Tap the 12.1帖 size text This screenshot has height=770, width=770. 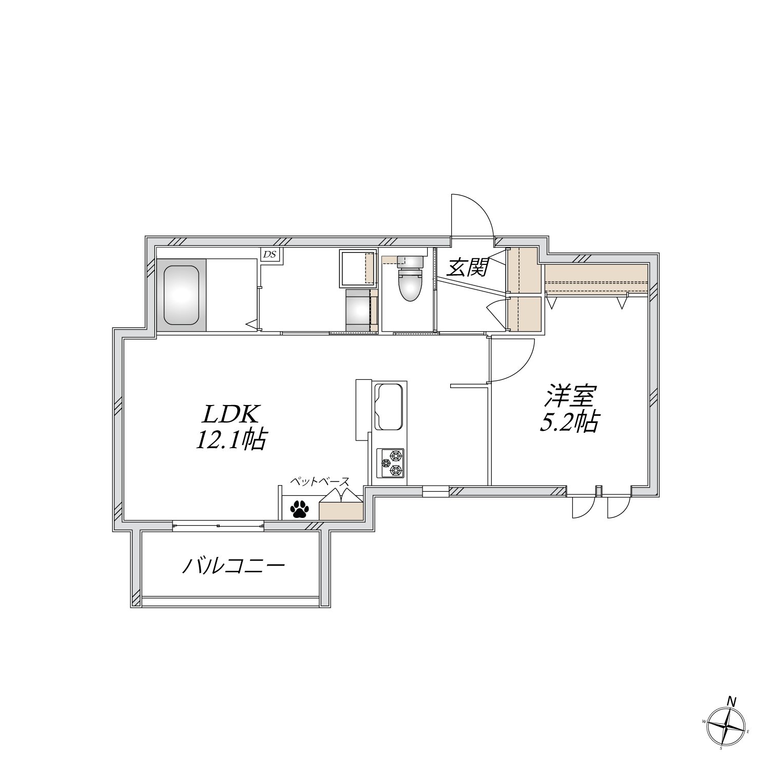pos(230,440)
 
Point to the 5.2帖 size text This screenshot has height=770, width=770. pos(568,422)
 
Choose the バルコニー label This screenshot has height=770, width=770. pos(234,566)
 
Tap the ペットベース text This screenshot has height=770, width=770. pos(320,482)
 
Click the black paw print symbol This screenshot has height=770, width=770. pos(299,509)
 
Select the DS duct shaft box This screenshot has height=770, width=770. pos(269,254)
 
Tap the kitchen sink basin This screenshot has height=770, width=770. pos(390,407)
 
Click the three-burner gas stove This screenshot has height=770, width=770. pos(390,463)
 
